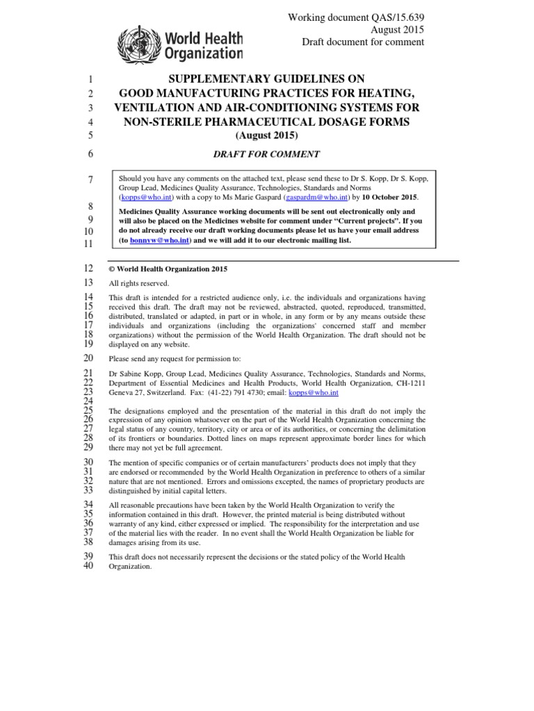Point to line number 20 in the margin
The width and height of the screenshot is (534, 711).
click(88, 358)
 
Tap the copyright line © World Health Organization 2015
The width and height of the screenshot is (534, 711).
click(168, 269)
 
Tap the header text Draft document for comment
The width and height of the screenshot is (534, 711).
click(362, 42)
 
